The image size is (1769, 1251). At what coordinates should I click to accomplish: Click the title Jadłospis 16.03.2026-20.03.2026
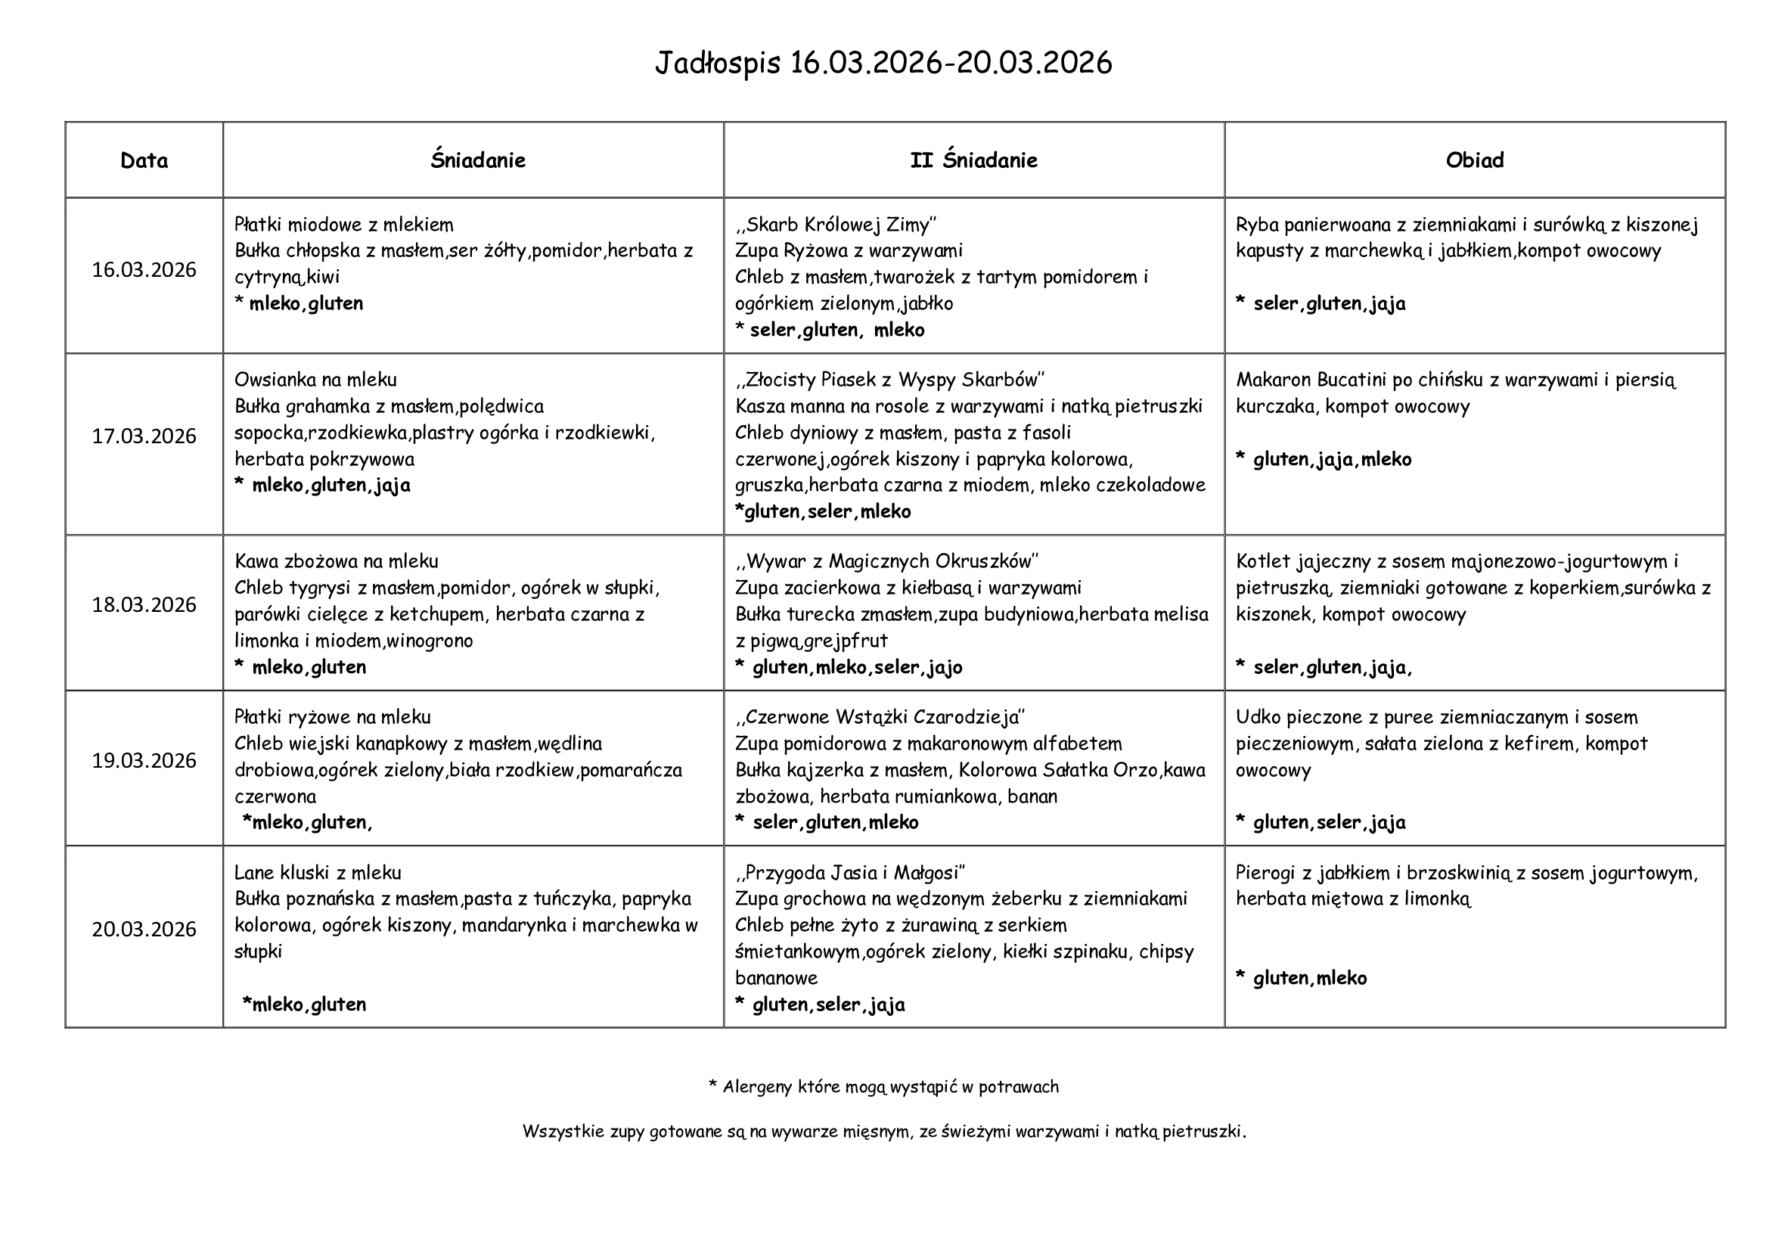click(x=883, y=64)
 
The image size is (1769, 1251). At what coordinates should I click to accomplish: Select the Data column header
click(x=144, y=160)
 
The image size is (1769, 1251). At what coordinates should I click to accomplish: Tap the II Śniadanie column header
click(x=973, y=160)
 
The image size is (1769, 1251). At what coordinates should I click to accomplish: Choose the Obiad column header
click(x=1474, y=160)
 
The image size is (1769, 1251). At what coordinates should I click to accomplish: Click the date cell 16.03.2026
click(x=144, y=269)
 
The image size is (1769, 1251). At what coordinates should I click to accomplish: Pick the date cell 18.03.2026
click(x=144, y=605)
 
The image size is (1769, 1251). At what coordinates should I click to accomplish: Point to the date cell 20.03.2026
click(x=144, y=929)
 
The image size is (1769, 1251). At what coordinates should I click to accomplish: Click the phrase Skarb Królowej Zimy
click(x=836, y=225)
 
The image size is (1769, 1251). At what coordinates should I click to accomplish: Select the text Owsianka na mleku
click(x=315, y=380)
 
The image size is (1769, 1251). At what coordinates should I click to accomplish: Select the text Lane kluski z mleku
click(x=318, y=873)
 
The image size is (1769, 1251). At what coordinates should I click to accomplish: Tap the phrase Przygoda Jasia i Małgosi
click(x=852, y=873)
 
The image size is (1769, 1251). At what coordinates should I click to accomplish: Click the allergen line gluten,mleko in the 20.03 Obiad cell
click(x=1309, y=978)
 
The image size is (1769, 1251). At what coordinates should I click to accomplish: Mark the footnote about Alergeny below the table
click(x=883, y=1087)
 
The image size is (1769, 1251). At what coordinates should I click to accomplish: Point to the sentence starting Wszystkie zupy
click(x=883, y=1131)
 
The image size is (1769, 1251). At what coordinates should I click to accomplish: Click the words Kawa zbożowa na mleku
click(x=336, y=561)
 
